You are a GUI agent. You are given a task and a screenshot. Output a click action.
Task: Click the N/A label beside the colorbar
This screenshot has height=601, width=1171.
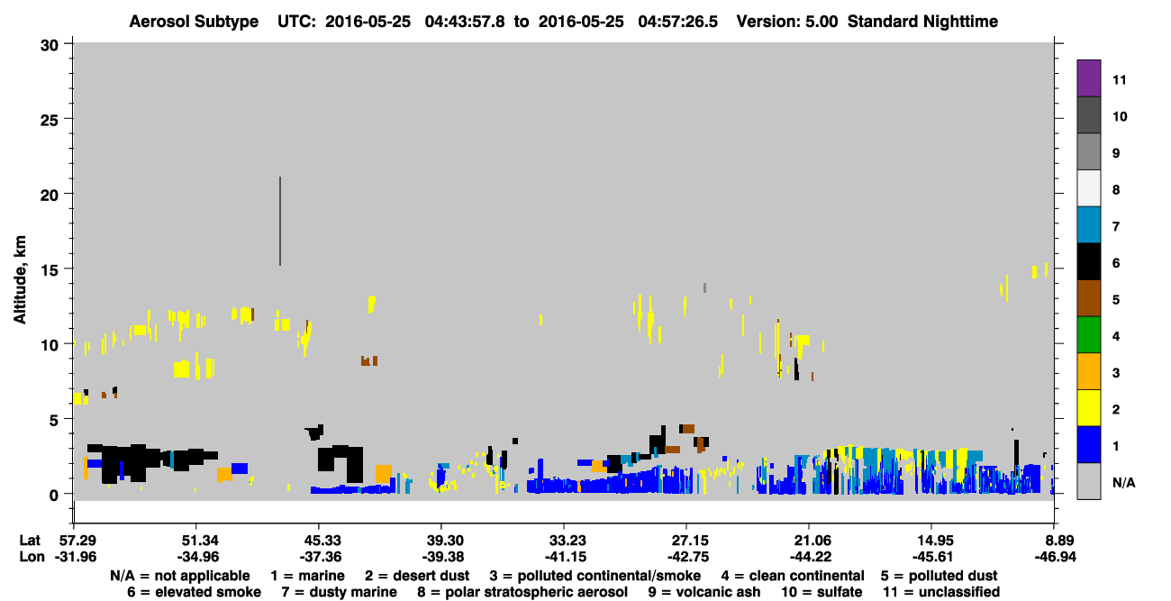pyautogui.click(x=1123, y=482)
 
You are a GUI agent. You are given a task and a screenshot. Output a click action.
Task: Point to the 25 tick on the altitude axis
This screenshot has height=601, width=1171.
pyautogui.click(x=68, y=119)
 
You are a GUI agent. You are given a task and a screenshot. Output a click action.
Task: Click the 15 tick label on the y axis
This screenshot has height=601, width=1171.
pyautogui.click(x=50, y=270)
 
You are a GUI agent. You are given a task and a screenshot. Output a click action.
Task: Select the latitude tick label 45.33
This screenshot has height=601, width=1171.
pyautogui.click(x=319, y=540)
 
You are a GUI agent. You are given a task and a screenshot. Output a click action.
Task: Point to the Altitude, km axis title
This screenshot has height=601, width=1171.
pyautogui.click(x=20, y=279)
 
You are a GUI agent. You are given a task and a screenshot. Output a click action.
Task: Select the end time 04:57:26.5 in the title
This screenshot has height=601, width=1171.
pyautogui.click(x=677, y=22)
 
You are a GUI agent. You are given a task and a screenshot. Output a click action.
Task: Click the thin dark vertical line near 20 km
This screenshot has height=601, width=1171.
pyautogui.click(x=280, y=222)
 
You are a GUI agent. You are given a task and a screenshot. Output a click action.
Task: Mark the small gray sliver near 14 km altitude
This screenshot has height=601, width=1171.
pyautogui.click(x=704, y=287)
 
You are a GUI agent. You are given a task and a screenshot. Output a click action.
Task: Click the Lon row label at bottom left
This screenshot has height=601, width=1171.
pyautogui.click(x=32, y=557)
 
